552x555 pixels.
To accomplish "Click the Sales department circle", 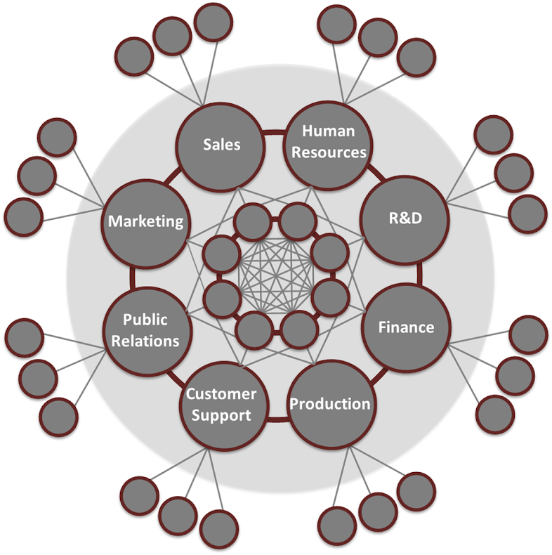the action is [221, 145].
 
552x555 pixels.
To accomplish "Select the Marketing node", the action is [145, 222].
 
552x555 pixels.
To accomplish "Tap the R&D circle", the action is [404, 218].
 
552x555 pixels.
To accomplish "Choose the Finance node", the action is [406, 327].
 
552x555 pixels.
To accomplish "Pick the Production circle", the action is [330, 404].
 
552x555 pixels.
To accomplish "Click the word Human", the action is [329, 131].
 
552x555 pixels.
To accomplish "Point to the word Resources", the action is [329, 151].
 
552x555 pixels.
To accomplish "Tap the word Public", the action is [145, 320].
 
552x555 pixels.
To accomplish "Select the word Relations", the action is [145, 341].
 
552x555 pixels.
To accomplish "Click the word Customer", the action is [221, 394].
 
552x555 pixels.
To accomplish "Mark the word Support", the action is [221, 414].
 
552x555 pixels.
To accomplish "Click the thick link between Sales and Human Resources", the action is [275, 131].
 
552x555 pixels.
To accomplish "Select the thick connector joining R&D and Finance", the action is [419, 274].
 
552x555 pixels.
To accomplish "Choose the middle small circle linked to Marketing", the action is [37, 176].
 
